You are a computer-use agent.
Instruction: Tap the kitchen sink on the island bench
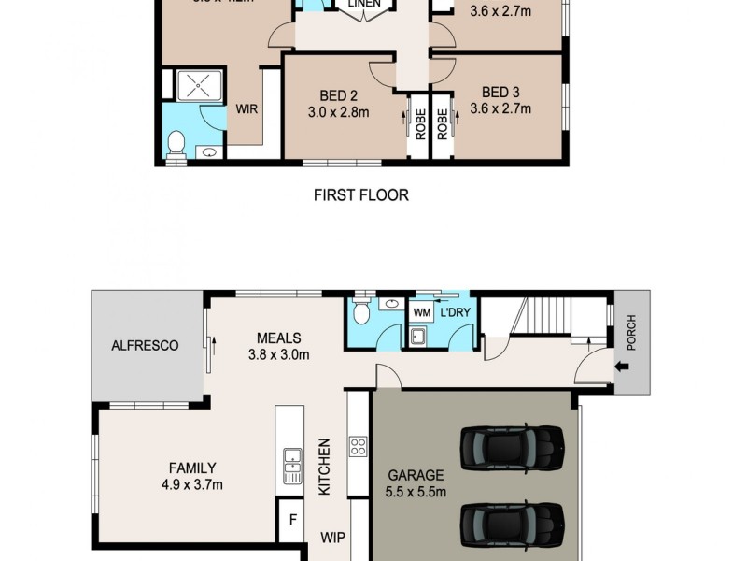pos(292,459)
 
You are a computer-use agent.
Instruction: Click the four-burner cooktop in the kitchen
pos(358,446)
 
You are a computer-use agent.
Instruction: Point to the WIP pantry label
pos(333,539)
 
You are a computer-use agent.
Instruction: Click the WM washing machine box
pos(421,310)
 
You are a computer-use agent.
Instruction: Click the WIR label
pos(247,108)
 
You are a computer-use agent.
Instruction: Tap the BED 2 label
pos(339,94)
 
